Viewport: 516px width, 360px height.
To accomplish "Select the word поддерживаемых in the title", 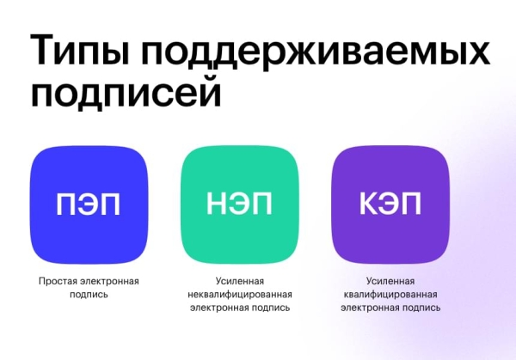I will [x=319, y=52].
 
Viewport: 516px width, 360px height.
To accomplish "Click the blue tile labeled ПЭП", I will [x=89, y=205].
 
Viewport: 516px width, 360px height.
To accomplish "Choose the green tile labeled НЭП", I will [x=240, y=205].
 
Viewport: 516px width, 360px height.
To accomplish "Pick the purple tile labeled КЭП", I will [x=390, y=205].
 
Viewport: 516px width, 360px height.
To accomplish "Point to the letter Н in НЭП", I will [x=217, y=204].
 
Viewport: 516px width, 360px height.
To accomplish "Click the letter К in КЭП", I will [x=368, y=204].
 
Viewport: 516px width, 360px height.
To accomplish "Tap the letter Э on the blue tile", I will [x=88, y=204].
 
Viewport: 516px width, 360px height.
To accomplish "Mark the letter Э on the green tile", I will [x=240, y=204].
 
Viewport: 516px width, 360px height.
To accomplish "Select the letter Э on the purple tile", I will [x=390, y=204].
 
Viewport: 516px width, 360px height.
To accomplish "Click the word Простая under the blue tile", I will [x=59, y=281].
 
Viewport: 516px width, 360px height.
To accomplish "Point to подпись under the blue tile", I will [x=89, y=294].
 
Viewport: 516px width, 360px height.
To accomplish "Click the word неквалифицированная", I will [x=240, y=294].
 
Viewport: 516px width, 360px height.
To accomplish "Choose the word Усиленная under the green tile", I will [x=240, y=281].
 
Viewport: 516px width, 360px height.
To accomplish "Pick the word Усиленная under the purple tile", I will [x=390, y=281].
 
